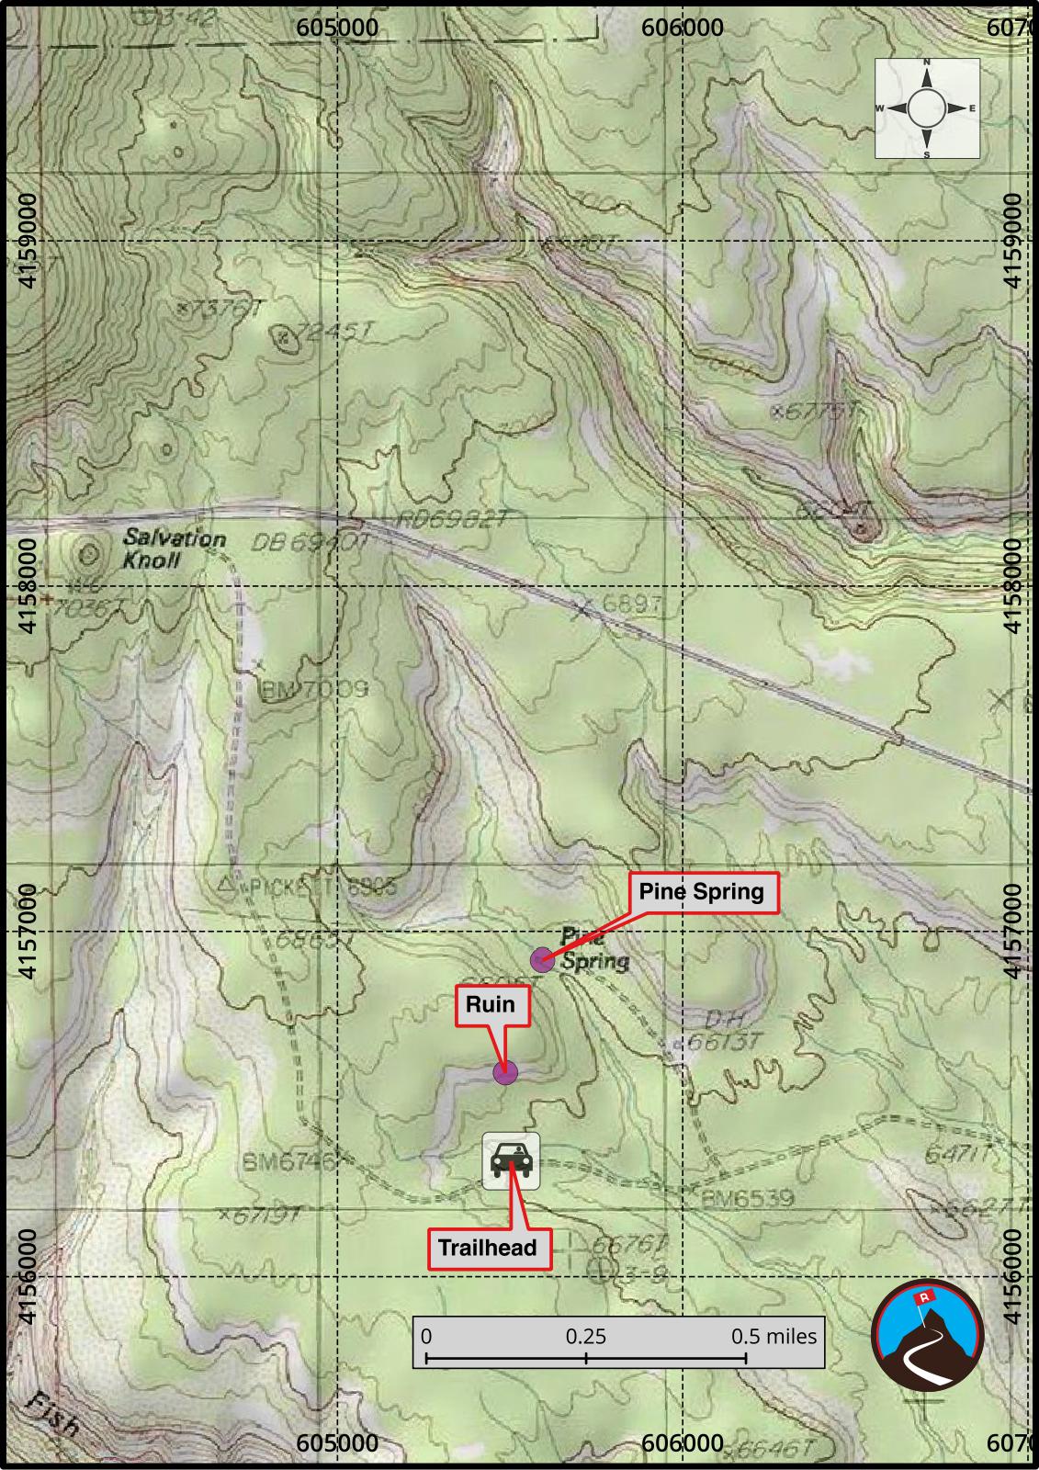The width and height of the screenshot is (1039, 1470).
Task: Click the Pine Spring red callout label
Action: click(x=702, y=892)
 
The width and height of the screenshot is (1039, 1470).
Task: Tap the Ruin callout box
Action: click(x=491, y=1004)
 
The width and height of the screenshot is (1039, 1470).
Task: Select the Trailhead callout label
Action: click(x=488, y=1248)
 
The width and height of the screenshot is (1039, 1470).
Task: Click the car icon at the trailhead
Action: click(x=511, y=1161)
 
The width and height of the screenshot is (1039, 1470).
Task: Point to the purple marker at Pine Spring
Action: click(x=543, y=961)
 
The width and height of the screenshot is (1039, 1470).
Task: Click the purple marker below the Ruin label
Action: click(x=505, y=1072)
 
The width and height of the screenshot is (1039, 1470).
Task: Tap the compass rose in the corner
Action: click(x=926, y=108)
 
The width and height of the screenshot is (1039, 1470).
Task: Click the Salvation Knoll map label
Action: click(x=174, y=548)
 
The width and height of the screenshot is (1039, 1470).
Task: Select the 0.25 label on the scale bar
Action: click(x=586, y=1336)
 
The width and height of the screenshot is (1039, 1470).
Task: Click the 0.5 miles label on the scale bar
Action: click(x=774, y=1336)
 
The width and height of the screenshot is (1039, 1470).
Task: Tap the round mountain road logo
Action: click(x=927, y=1334)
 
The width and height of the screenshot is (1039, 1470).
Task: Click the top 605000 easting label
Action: click(x=337, y=28)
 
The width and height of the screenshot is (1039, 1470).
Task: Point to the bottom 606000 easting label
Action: click(x=682, y=1443)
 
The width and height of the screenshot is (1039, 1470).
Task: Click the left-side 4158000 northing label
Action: click(x=28, y=586)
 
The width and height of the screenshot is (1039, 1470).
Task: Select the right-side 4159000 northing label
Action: click(x=1012, y=240)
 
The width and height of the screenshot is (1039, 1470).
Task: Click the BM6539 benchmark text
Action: click(x=747, y=1199)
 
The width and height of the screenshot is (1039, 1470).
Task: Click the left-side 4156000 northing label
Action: click(x=28, y=1277)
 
